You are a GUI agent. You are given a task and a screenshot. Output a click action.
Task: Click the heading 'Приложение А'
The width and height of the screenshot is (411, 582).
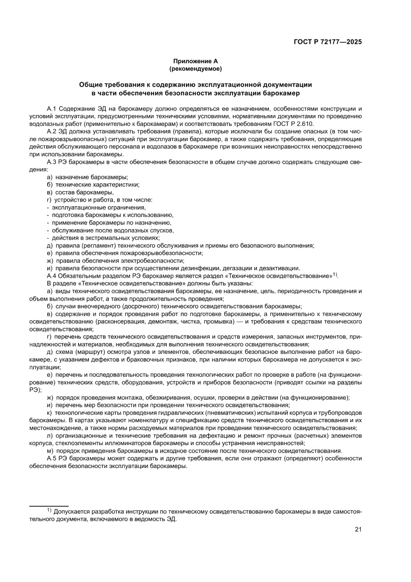(x=195, y=60)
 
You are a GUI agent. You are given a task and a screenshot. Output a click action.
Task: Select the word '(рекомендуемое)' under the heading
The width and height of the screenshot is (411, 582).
(x=195, y=68)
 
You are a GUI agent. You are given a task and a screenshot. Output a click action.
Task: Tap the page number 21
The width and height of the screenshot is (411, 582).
(x=358, y=530)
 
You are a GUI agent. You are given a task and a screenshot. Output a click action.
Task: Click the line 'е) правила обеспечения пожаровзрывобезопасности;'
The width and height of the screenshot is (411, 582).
(x=121, y=253)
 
